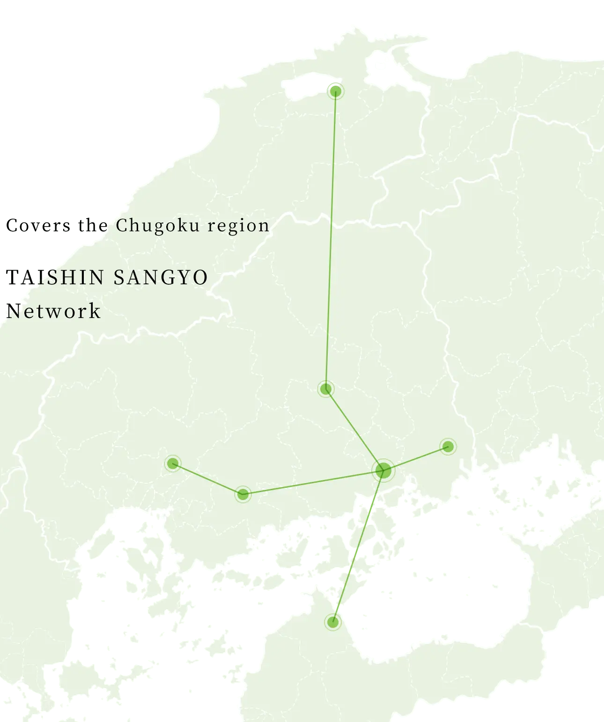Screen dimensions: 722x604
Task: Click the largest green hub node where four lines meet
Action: coord(383,470)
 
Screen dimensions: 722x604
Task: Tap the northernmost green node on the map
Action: coord(335,91)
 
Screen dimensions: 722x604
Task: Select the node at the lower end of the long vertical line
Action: coord(326,389)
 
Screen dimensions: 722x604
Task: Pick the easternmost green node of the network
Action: coord(448,446)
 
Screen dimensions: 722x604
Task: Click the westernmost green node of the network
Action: coord(173,464)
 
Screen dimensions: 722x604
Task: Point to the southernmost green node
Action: coord(333,622)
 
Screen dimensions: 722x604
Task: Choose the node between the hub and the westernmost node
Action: coord(243,494)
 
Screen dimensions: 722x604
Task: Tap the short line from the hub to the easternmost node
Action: coord(416,458)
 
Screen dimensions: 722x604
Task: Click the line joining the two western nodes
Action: coord(208,479)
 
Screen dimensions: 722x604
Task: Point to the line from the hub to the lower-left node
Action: coord(313,482)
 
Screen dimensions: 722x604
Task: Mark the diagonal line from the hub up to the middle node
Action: coord(354,429)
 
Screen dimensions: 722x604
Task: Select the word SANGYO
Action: coord(161,277)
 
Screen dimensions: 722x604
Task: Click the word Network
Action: coord(53,311)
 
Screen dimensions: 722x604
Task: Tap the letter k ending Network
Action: coord(95,311)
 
